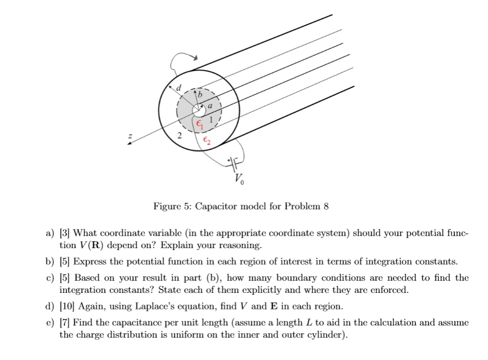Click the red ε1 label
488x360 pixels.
point(200,126)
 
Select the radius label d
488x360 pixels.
point(179,88)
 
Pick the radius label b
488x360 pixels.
point(200,95)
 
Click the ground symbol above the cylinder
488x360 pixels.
point(194,58)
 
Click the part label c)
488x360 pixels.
point(50,277)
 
